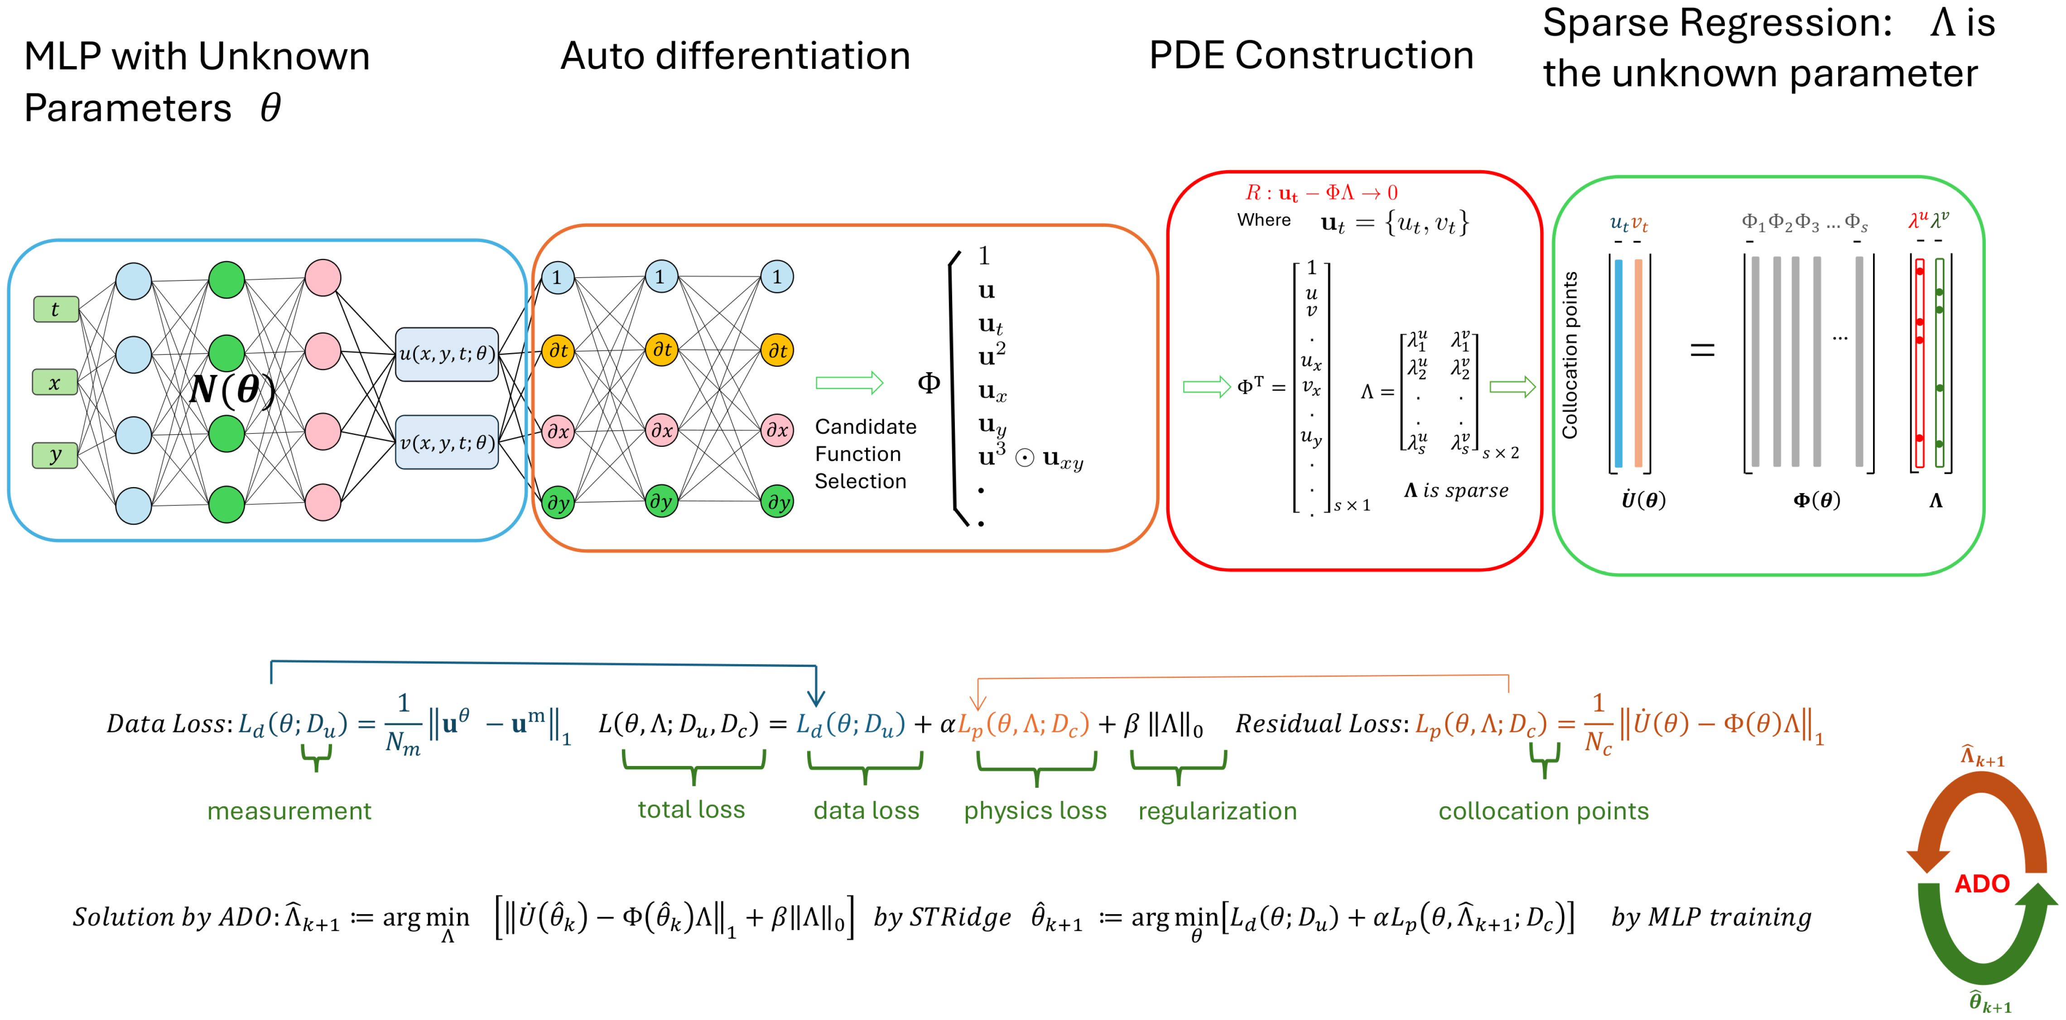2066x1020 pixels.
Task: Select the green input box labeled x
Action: [54, 383]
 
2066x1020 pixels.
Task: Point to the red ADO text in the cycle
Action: [1982, 884]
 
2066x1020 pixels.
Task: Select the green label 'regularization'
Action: [1217, 811]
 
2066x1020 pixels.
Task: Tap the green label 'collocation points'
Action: [1543, 811]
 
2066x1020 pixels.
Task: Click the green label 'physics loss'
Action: [1035, 811]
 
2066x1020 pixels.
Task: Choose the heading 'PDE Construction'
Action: [1311, 55]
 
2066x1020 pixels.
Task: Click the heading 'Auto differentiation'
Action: [735, 55]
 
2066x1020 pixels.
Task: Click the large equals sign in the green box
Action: [1702, 350]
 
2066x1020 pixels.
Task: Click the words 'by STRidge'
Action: [942, 917]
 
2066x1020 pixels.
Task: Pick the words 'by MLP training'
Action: [1711, 917]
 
